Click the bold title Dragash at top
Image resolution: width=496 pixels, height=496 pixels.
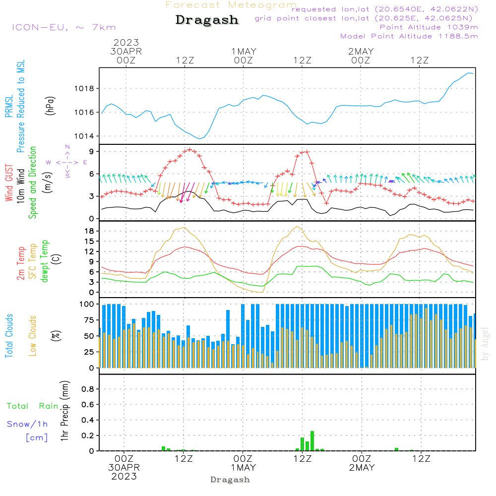pos(207,20)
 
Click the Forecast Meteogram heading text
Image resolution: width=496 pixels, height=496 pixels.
pos(231,5)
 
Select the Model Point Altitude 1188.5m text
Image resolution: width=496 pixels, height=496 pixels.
pos(409,36)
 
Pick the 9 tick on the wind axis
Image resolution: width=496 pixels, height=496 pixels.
pos(92,151)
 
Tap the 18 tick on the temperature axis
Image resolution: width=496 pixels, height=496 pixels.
pos(90,231)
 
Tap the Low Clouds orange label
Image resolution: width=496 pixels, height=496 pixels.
pos(33,335)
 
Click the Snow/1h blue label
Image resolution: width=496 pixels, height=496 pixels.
pos(28,424)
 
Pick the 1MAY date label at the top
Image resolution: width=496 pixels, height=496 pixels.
pos(243,51)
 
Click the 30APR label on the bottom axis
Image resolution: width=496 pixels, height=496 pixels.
pos(124,467)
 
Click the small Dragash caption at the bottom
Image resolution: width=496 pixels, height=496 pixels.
pos(230,480)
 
